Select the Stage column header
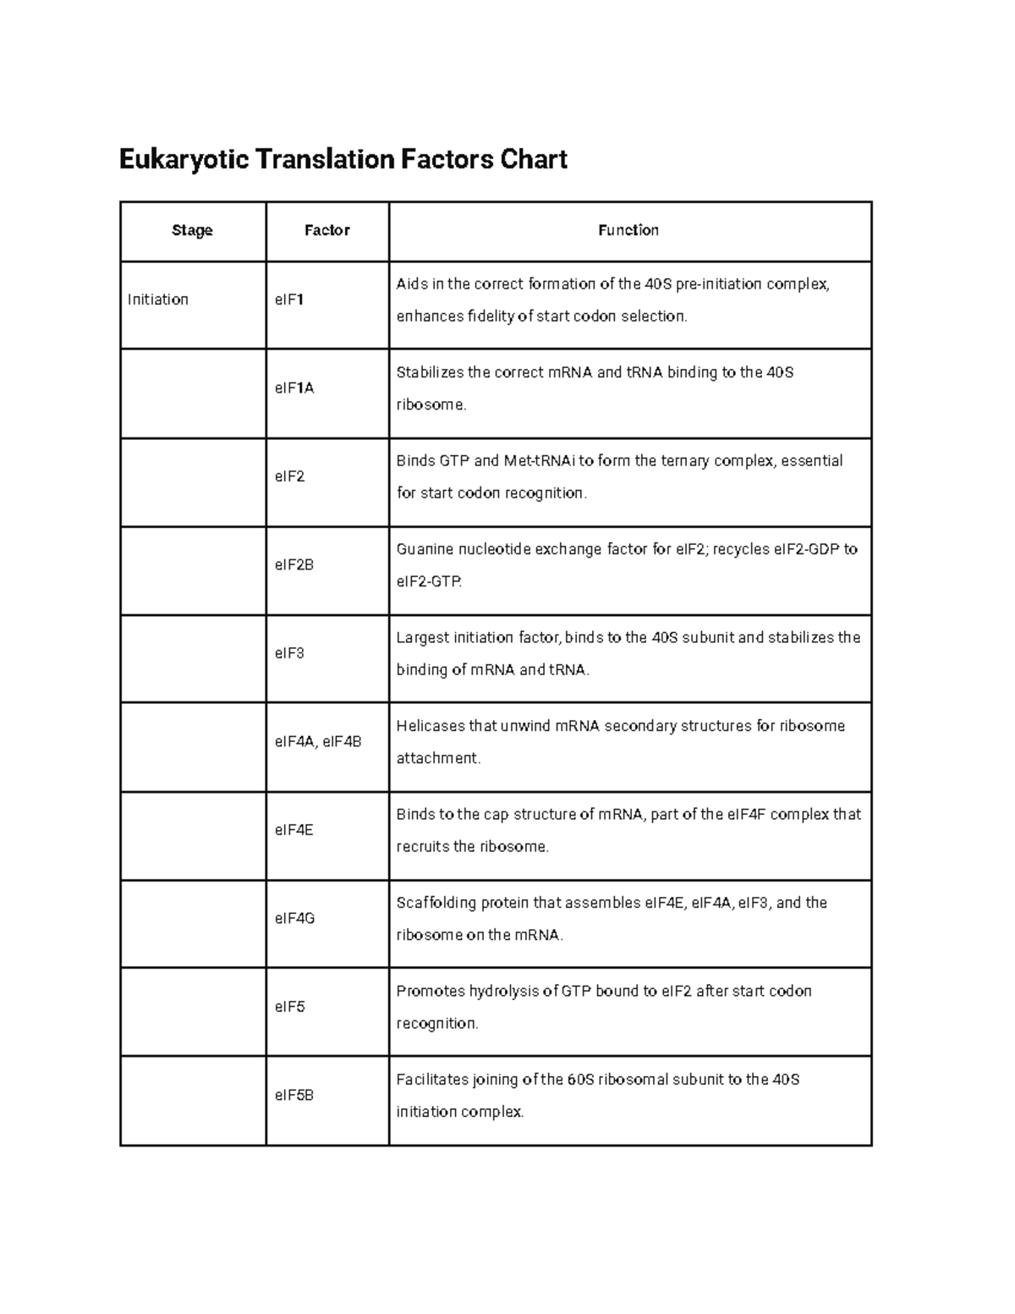[192, 230]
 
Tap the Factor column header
[327, 230]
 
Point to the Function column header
[628, 230]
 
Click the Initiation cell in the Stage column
[158, 300]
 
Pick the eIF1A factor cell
[294, 388]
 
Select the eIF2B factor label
[294, 564]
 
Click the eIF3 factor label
[289, 653]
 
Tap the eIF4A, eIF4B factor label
[318, 742]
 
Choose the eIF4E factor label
[294, 830]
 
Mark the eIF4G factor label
[295, 918]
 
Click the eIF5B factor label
[294, 1095]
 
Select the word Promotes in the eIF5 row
[431, 991]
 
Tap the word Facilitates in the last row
[435, 1080]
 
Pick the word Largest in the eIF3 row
[423, 638]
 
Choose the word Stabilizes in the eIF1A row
[430, 372]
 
